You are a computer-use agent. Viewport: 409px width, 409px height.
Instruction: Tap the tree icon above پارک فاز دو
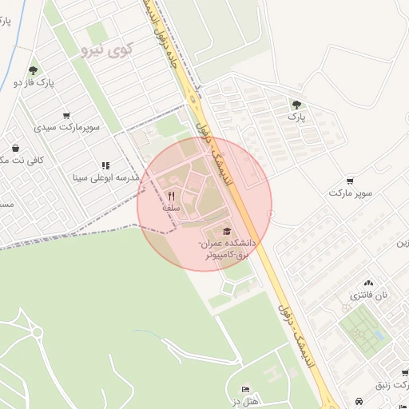pyautogui.click(x=33, y=70)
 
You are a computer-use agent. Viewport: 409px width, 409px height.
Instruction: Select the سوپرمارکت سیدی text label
pyautogui.click(x=66, y=127)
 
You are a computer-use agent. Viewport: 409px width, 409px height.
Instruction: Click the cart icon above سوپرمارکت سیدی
pyautogui.click(x=66, y=115)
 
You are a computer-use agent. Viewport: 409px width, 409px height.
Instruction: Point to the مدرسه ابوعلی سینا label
pyautogui.click(x=107, y=177)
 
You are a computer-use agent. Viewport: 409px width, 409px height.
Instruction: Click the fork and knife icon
pyautogui.click(x=171, y=196)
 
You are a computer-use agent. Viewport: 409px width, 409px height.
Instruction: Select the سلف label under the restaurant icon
pyautogui.click(x=171, y=208)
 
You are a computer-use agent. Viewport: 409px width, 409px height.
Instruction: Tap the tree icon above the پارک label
pyautogui.click(x=296, y=104)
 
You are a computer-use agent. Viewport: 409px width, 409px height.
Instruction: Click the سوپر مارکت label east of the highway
pyautogui.click(x=350, y=193)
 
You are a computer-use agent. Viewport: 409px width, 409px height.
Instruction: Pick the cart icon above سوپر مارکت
pyautogui.click(x=350, y=181)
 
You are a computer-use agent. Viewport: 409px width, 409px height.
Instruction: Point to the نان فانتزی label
pyautogui.click(x=369, y=295)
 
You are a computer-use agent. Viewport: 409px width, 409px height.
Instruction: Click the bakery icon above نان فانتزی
pyautogui.click(x=368, y=283)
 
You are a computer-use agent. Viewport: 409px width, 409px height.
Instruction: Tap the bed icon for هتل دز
pyautogui.click(x=245, y=388)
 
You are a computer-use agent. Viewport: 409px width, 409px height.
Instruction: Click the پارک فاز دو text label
pyautogui.click(x=33, y=82)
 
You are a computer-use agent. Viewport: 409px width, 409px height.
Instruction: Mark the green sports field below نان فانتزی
pyautogui.click(x=362, y=331)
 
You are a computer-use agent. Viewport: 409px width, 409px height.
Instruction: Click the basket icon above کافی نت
pyautogui.click(x=15, y=148)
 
